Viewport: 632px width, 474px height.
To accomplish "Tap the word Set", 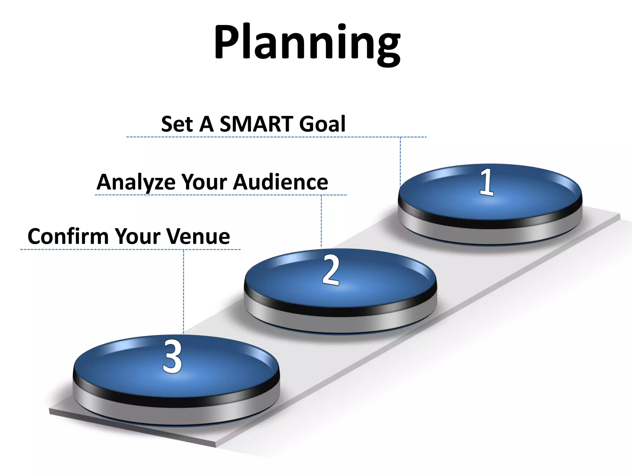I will [x=177, y=124].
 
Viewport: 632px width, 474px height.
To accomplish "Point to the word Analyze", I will [x=136, y=182].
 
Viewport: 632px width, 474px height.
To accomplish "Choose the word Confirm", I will [x=68, y=236].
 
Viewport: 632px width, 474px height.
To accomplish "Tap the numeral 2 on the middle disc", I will [x=331, y=270].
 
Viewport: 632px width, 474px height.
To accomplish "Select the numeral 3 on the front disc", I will [x=172, y=356].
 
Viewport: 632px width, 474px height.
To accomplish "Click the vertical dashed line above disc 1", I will [x=400, y=160].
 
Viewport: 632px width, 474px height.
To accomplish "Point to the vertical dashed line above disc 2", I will [x=321, y=221].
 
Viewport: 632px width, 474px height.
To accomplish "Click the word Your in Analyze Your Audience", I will [x=202, y=182].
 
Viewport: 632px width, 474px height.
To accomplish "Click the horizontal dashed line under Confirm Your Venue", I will [x=93, y=249].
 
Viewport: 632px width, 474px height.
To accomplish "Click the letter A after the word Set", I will [x=206, y=124].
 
